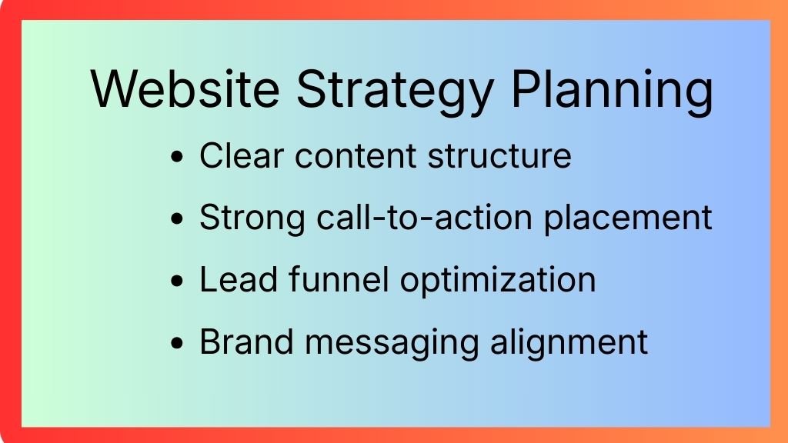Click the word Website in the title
(x=185, y=88)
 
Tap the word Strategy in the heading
(x=395, y=92)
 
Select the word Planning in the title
(x=612, y=92)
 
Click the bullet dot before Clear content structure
(x=177, y=157)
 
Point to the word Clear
(x=242, y=155)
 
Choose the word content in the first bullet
(x=356, y=156)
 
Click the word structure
(x=499, y=156)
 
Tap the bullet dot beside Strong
(x=177, y=219)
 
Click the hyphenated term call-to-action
(x=425, y=218)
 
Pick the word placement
(x=628, y=219)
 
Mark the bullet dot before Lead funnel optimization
(x=177, y=281)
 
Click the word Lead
(x=239, y=279)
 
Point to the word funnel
(x=339, y=279)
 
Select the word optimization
(x=498, y=281)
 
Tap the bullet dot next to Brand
(x=177, y=344)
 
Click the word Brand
(x=247, y=341)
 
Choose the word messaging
(x=392, y=344)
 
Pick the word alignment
(x=569, y=344)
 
